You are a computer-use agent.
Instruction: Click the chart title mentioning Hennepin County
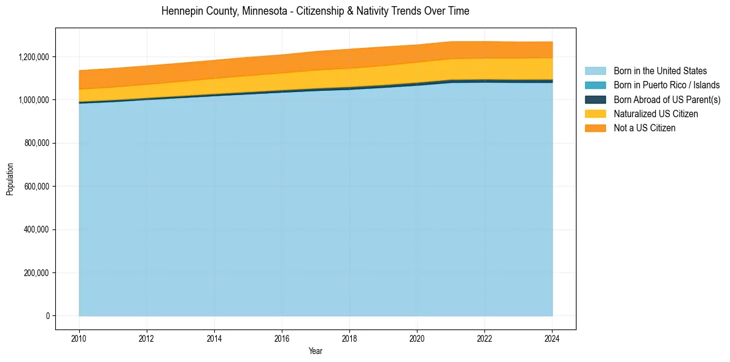pyautogui.click(x=315, y=11)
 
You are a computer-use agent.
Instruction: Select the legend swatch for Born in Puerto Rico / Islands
pyautogui.click(x=595, y=85)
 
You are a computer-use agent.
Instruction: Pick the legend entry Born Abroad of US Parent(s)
pyautogui.click(x=667, y=99)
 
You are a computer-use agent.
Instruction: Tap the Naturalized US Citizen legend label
pyautogui.click(x=655, y=114)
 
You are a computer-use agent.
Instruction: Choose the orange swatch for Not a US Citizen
pyautogui.click(x=595, y=128)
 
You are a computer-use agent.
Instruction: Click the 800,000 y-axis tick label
pyautogui.click(x=37, y=143)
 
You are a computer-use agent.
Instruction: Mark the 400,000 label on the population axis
pyautogui.click(x=37, y=229)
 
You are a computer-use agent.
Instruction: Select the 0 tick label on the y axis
pyautogui.click(x=47, y=316)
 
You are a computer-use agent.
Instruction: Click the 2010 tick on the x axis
pyautogui.click(x=79, y=338)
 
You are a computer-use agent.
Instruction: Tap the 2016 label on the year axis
pyautogui.click(x=282, y=338)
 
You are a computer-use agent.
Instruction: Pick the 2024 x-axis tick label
pyautogui.click(x=552, y=338)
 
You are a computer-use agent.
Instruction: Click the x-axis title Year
pyautogui.click(x=316, y=352)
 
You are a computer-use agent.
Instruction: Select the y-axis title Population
pyautogui.click(x=10, y=179)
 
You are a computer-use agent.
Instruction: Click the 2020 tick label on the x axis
pyautogui.click(x=417, y=338)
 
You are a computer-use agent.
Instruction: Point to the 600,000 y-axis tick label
pyautogui.click(x=37, y=186)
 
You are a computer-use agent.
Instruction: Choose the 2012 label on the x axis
pyautogui.click(x=147, y=338)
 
